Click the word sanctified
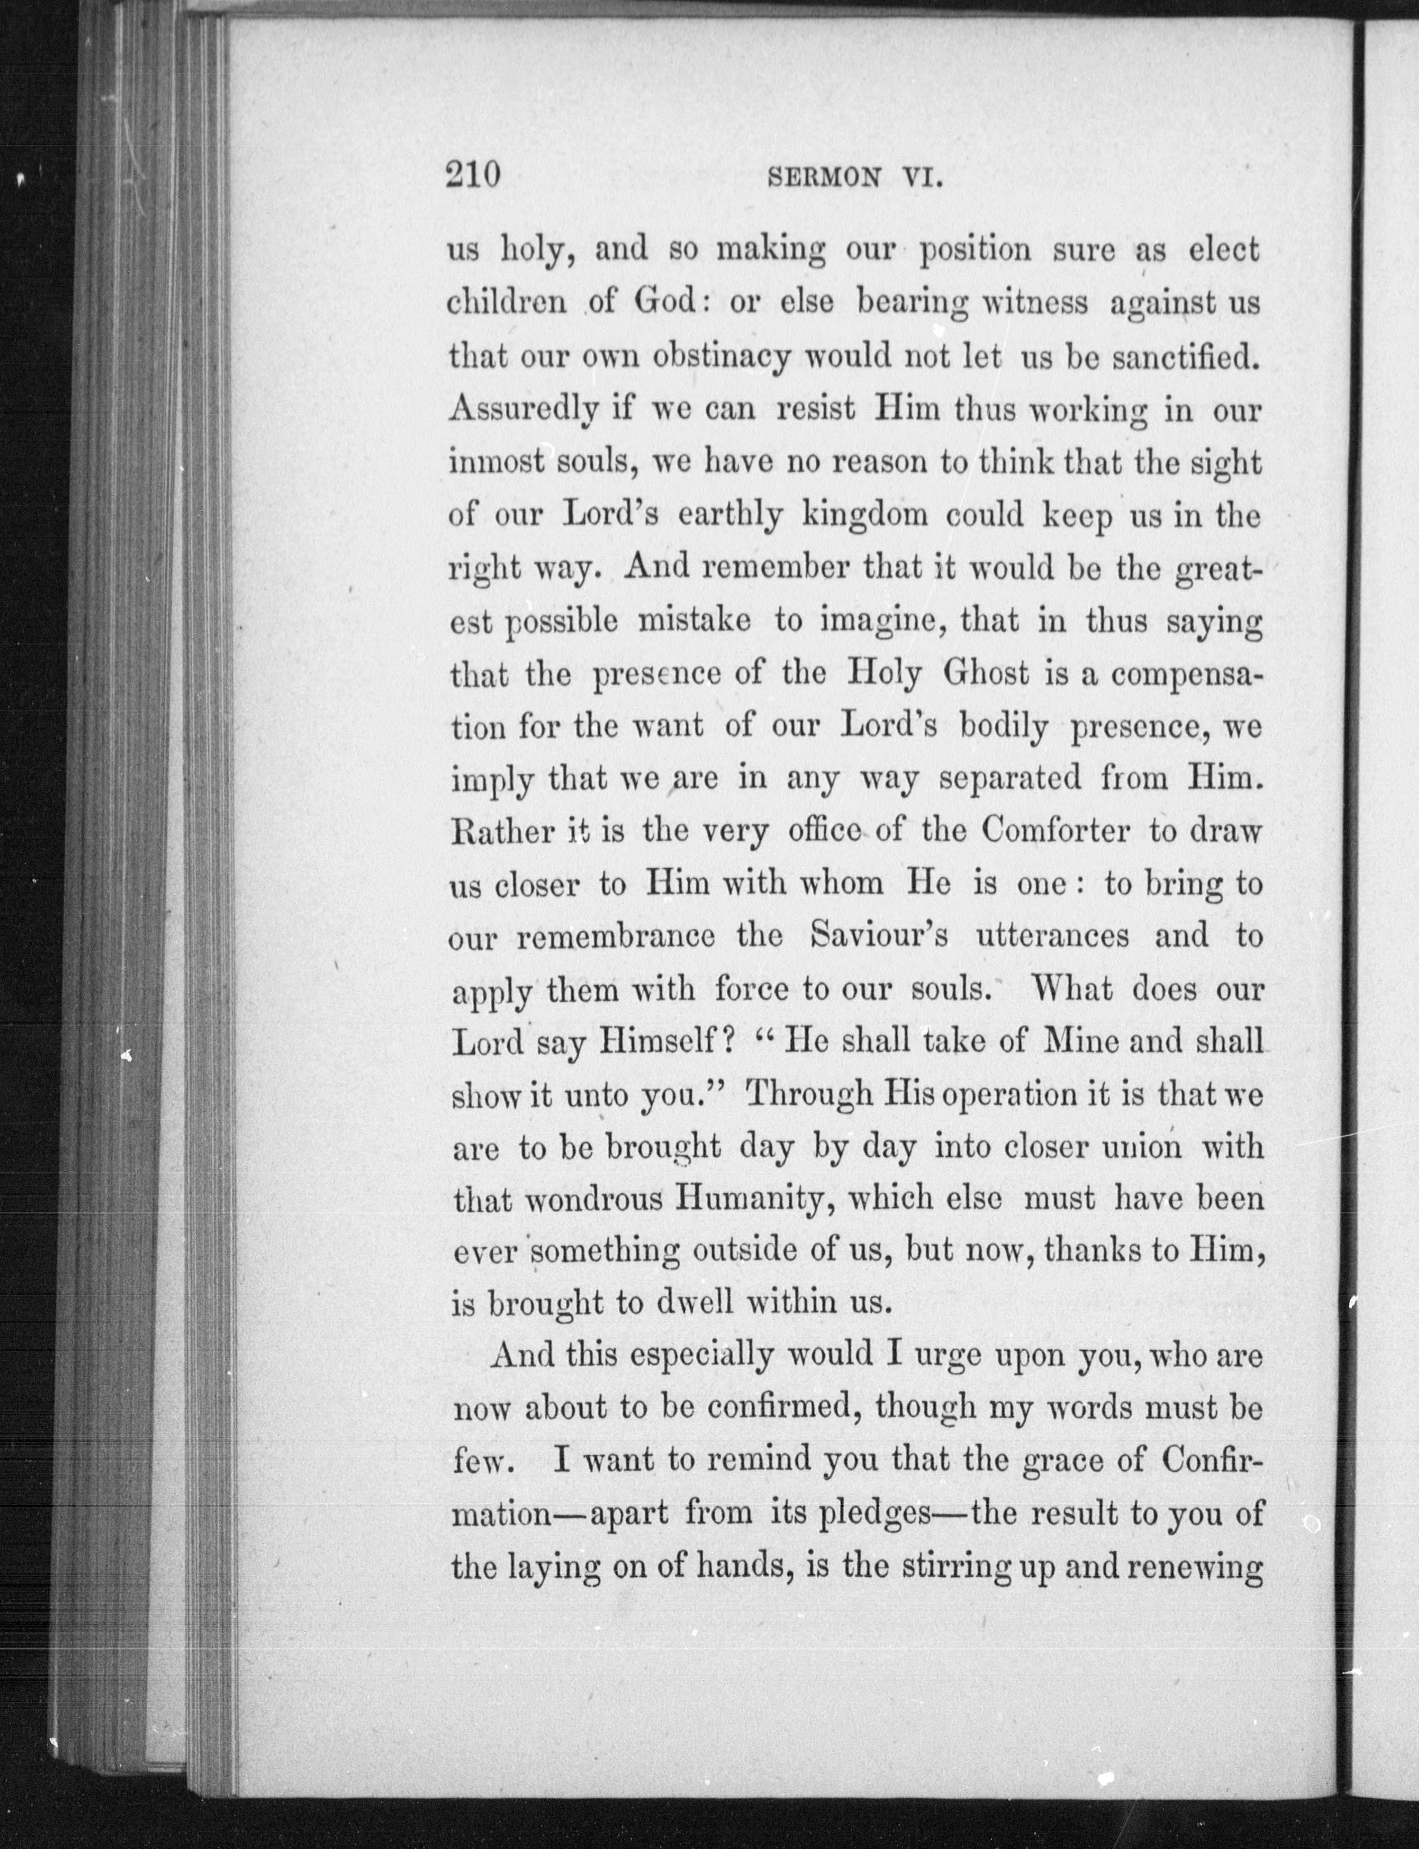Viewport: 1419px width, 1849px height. [x=1185, y=357]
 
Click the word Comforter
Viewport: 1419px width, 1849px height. [x=1055, y=832]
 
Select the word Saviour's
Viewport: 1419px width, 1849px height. [x=878, y=937]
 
